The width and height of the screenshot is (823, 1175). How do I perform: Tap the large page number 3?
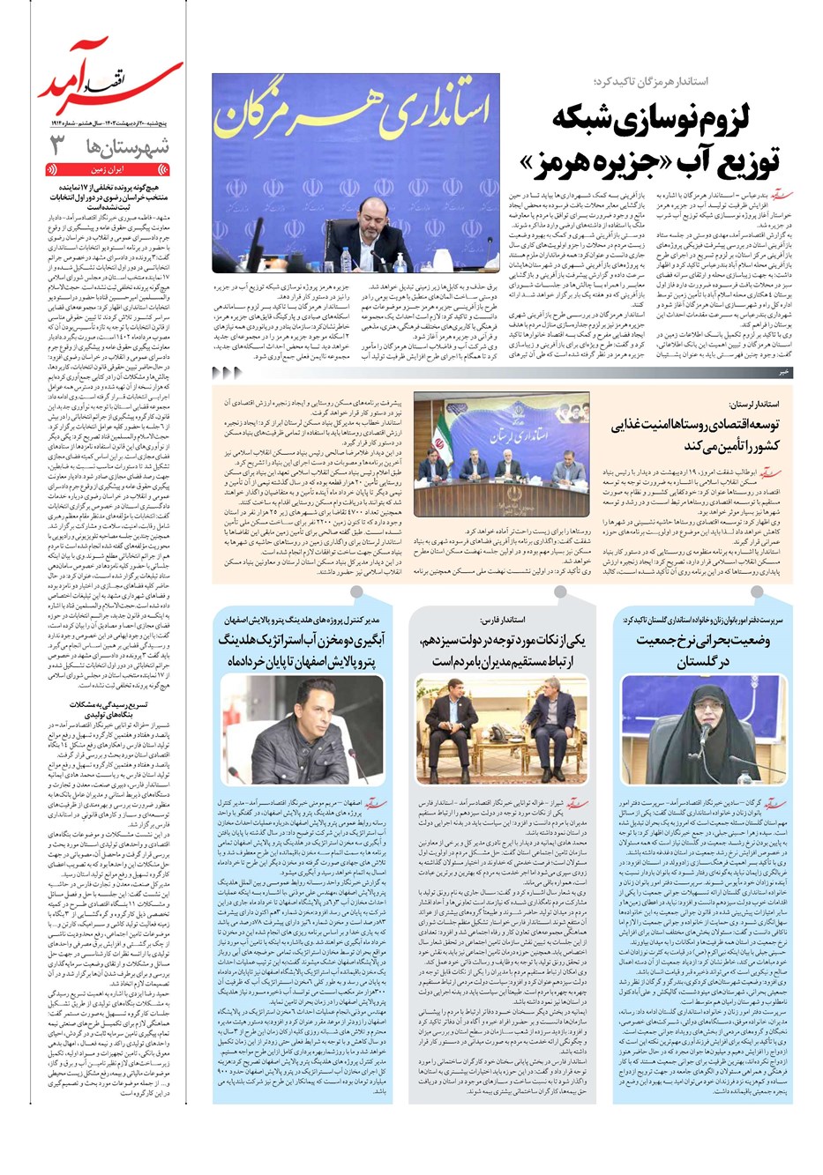(x=58, y=145)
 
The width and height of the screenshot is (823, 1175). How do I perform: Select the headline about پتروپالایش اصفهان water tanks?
(x=303, y=650)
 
